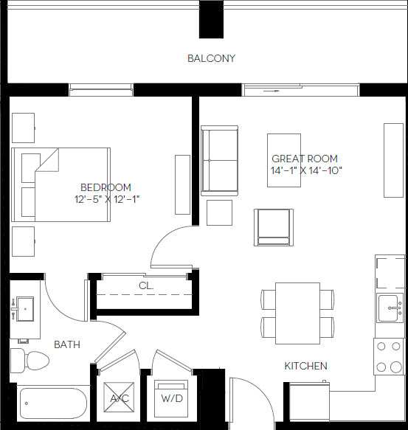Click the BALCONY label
tap(211, 58)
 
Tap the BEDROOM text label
tap(106, 187)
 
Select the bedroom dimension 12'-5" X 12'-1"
tap(107, 199)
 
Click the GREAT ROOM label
tap(305, 159)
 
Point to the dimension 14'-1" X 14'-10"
tap(306, 171)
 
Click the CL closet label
tap(145, 285)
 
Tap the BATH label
tap(67, 344)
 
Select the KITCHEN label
tap(305, 366)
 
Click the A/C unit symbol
tap(119, 399)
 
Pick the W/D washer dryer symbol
tap(172, 399)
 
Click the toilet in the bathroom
tap(32, 361)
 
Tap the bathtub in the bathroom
tap(51, 404)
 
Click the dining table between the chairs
tap(297, 313)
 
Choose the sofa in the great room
tap(220, 162)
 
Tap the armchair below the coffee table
tap(272, 227)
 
